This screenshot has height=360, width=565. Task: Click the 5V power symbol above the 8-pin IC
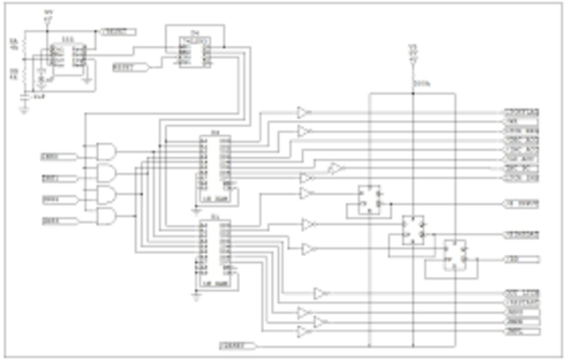(x=48, y=16)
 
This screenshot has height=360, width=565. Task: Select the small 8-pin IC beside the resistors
(x=66, y=54)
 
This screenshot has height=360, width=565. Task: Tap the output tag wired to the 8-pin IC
(x=117, y=32)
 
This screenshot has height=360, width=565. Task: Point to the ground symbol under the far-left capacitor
(x=25, y=109)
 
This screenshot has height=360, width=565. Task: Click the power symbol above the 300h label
(x=411, y=55)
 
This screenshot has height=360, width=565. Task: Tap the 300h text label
(x=421, y=84)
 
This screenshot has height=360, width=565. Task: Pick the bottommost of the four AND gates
(x=106, y=216)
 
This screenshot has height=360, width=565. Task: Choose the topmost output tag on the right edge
(x=520, y=113)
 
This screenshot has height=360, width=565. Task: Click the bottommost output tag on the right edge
(x=520, y=334)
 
